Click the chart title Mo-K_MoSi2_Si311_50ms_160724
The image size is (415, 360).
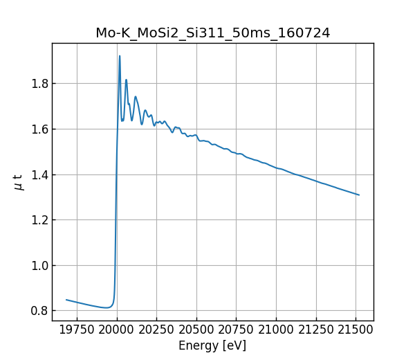pos(212,33)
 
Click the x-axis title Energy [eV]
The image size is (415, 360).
pos(212,345)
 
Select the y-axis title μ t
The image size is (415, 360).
pos(19,182)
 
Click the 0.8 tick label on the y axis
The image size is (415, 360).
pos(39,311)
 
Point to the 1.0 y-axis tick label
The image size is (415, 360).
pos(39,266)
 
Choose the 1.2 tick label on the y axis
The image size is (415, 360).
pos(39,220)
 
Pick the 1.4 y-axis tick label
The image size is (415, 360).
pos(39,174)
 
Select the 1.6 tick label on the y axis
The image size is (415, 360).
pos(39,129)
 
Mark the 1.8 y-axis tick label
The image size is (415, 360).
pos(39,84)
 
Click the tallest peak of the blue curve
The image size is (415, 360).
pos(120,56)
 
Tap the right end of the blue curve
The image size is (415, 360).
pos(359,195)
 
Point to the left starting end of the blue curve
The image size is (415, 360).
pos(66,300)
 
